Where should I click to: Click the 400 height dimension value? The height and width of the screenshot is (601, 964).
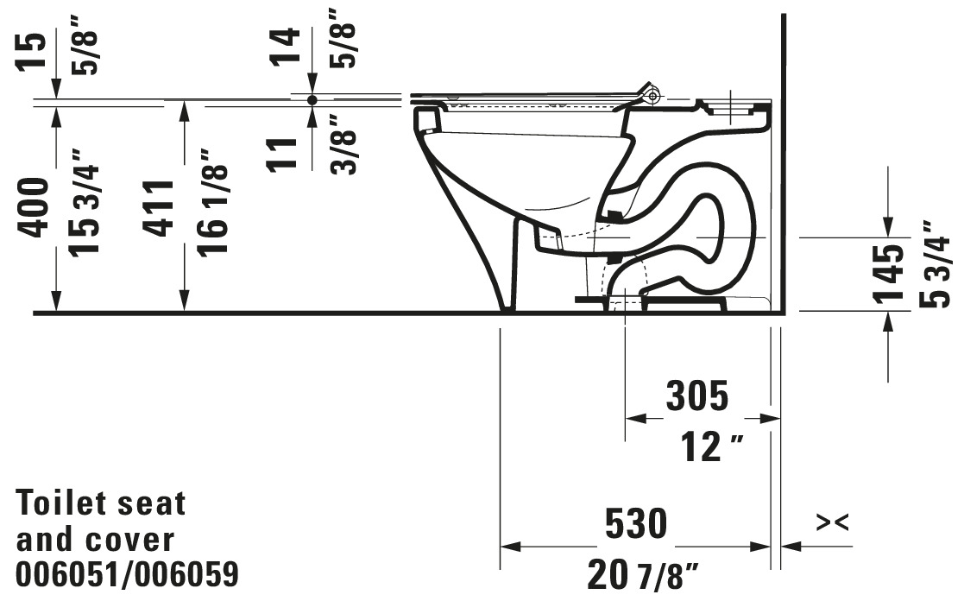click(x=33, y=207)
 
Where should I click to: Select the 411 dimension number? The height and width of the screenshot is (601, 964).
click(x=158, y=208)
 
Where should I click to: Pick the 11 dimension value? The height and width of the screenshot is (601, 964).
click(x=282, y=154)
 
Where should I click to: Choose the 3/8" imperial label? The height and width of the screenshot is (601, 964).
click(x=343, y=144)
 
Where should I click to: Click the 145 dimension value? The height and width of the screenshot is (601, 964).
click(x=888, y=274)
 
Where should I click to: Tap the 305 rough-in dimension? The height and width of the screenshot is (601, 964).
click(x=697, y=395)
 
